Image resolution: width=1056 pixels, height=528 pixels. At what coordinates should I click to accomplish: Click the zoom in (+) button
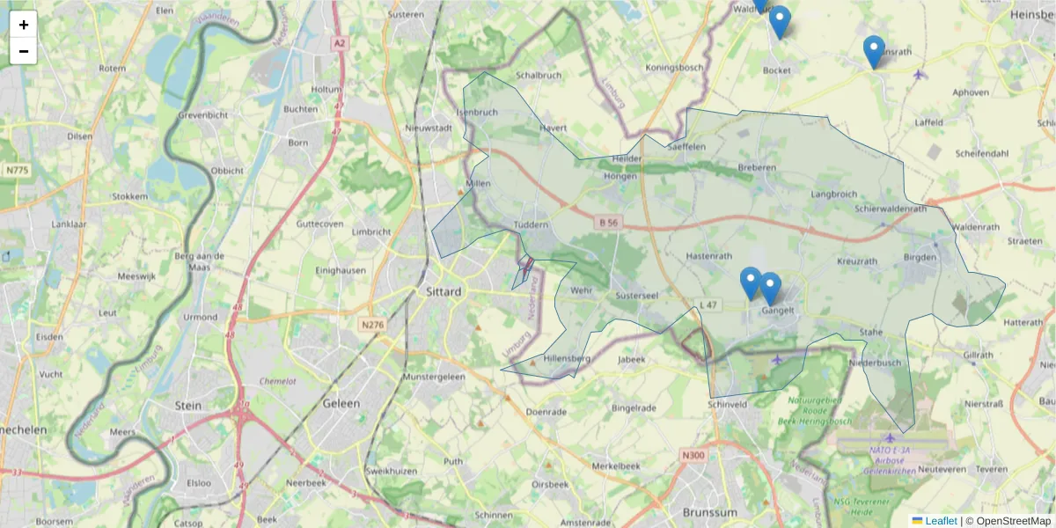click(24, 25)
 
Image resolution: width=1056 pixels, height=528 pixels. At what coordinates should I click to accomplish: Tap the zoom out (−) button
click(24, 51)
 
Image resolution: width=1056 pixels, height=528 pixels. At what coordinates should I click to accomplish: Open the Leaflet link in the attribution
click(940, 521)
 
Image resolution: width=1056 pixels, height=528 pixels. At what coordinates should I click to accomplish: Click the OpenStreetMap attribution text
click(1013, 521)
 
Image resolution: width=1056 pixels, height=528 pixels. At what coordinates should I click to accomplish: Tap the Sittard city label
click(444, 292)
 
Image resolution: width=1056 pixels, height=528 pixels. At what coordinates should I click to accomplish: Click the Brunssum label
click(709, 511)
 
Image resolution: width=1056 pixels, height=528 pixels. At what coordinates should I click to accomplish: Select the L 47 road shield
click(708, 304)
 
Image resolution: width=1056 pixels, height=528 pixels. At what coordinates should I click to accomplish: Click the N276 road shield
click(372, 325)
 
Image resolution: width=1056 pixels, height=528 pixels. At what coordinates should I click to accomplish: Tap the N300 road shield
click(693, 455)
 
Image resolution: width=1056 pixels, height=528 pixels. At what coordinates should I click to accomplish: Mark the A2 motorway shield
click(339, 42)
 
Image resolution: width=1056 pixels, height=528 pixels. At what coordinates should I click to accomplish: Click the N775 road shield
click(18, 169)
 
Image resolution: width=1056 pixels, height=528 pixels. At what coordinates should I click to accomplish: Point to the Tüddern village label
click(531, 225)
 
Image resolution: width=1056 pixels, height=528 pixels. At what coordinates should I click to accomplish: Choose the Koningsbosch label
click(674, 68)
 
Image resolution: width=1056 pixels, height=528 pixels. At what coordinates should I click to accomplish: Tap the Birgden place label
click(920, 258)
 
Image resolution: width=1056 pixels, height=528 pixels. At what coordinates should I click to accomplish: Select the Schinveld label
click(727, 404)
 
